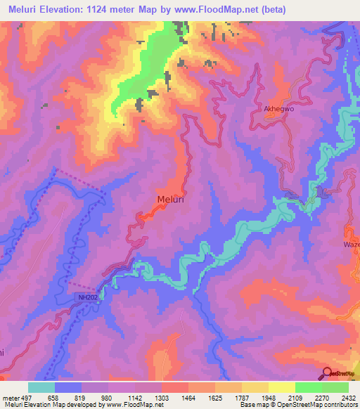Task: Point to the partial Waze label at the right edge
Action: tap(351, 243)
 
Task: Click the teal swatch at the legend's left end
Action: tap(41, 387)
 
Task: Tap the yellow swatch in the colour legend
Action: tap(281, 387)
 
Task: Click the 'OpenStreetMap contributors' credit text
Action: tap(320, 405)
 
